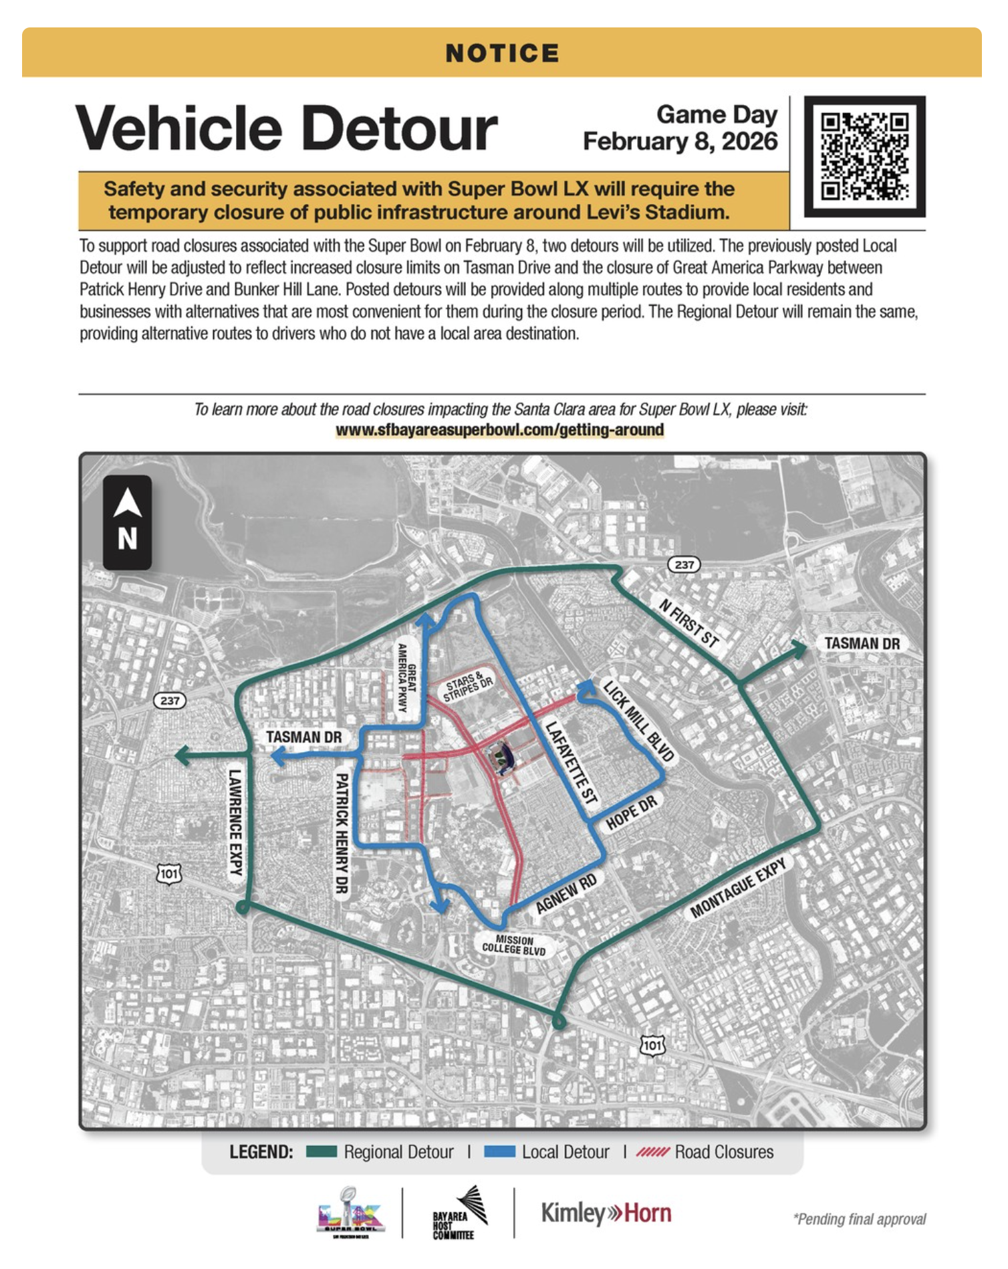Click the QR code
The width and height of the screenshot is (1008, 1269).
(864, 156)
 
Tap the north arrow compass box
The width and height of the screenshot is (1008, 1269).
(127, 522)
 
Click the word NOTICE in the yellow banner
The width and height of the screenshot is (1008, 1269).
(503, 53)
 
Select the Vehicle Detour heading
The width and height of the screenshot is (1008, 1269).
(287, 128)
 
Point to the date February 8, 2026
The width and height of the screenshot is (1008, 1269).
(680, 142)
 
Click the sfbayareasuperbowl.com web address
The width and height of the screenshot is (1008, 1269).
(499, 430)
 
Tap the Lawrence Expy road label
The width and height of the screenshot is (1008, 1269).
(235, 822)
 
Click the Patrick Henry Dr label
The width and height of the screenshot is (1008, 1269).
(342, 832)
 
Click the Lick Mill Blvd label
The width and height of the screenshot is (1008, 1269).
(638, 721)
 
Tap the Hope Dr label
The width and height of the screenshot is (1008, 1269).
(631, 813)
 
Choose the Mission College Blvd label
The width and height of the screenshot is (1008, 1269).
(514, 945)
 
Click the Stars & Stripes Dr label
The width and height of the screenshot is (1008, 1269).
(469, 685)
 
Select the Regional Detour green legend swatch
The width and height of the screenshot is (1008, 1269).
(322, 1151)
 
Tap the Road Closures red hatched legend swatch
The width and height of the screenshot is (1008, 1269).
(652, 1151)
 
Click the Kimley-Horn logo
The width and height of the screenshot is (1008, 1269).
(606, 1213)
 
